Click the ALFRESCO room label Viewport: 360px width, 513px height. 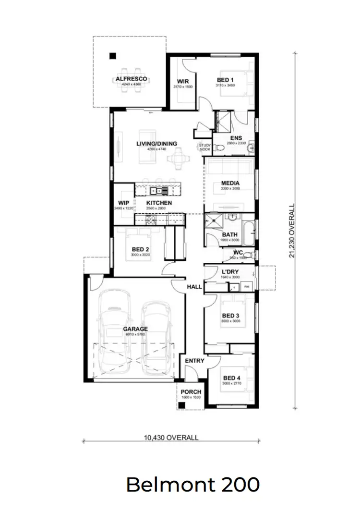[131, 79]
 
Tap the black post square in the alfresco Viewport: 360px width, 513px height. [112, 55]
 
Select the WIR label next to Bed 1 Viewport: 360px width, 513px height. [182, 81]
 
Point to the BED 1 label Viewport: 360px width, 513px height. [225, 80]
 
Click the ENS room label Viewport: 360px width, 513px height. [235, 138]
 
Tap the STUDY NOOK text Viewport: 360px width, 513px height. [205, 147]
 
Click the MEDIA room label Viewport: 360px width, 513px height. [230, 183]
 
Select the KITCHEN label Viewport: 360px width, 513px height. [159, 203]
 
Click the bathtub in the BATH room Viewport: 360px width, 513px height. [248, 234]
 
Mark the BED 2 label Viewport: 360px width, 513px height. [141, 249]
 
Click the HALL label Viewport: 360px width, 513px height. [194, 287]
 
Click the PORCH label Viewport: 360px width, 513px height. [191, 391]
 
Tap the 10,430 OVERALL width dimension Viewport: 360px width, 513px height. [171, 438]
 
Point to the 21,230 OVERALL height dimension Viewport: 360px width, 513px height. [292, 231]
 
